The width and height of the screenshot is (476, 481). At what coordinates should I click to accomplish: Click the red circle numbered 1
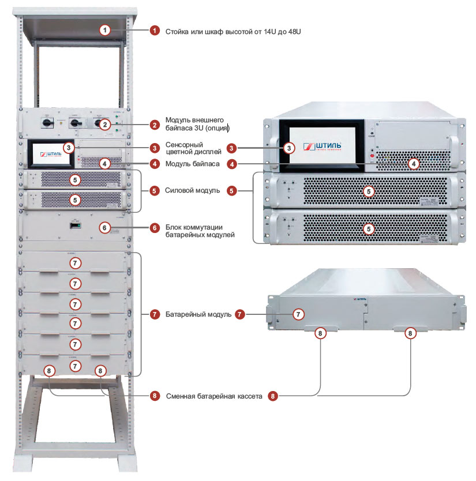tap(155, 31)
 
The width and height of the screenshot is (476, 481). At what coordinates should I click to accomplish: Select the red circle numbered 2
tap(155, 124)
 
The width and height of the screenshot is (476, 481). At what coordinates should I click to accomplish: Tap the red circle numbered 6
tap(155, 227)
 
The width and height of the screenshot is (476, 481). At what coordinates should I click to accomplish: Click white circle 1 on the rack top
tap(104, 31)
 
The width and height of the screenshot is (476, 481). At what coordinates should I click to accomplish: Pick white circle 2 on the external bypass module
tap(104, 124)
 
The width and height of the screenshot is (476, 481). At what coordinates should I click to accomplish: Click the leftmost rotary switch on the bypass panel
tap(46, 122)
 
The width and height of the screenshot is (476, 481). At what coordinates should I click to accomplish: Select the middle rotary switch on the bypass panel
tap(74, 123)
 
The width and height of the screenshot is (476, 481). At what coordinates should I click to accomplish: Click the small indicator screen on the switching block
tap(74, 225)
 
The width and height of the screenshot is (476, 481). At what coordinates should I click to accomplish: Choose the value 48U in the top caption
tap(293, 31)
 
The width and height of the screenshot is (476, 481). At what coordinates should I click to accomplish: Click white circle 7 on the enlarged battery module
tap(298, 315)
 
